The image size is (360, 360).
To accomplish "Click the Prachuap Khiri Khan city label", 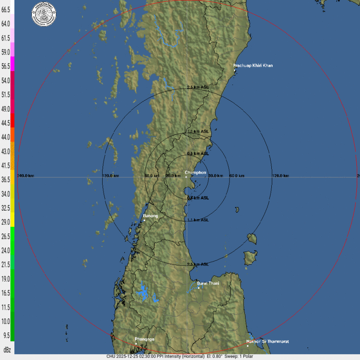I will point(253,66).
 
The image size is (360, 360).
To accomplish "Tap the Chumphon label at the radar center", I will point(196,172).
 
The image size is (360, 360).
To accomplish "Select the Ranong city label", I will point(151,216).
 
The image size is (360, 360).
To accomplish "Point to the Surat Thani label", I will point(208,283).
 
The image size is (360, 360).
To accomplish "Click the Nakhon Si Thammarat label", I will point(267,342).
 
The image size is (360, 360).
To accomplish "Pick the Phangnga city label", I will point(144,339).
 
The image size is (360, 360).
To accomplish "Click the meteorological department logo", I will point(44,14).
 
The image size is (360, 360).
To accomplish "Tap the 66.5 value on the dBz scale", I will point(6,9).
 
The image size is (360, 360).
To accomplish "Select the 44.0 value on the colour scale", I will point(6,137).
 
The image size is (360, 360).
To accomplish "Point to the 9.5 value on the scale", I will point(6,335).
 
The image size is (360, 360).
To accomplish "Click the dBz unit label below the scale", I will point(7,350).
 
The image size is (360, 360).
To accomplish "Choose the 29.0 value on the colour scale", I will point(6,222).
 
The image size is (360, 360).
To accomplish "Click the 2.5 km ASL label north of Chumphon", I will point(198,87).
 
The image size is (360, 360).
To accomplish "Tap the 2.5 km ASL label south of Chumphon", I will point(198,264).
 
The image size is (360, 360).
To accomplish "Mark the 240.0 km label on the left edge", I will point(26,175).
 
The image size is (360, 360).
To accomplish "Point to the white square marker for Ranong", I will point(144,220).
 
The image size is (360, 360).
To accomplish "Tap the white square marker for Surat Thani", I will point(198,288).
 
